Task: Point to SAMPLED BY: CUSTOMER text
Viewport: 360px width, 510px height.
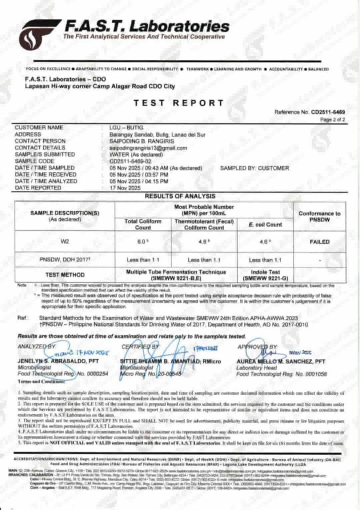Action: click(x=254, y=168)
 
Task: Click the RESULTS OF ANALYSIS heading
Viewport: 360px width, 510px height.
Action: click(x=180, y=196)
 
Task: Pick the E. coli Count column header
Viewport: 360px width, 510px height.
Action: click(x=265, y=225)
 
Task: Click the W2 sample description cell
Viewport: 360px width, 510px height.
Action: click(x=65, y=242)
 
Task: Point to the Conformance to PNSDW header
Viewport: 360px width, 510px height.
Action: click(x=319, y=216)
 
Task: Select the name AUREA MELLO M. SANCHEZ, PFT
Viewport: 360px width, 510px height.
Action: click(x=280, y=360)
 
